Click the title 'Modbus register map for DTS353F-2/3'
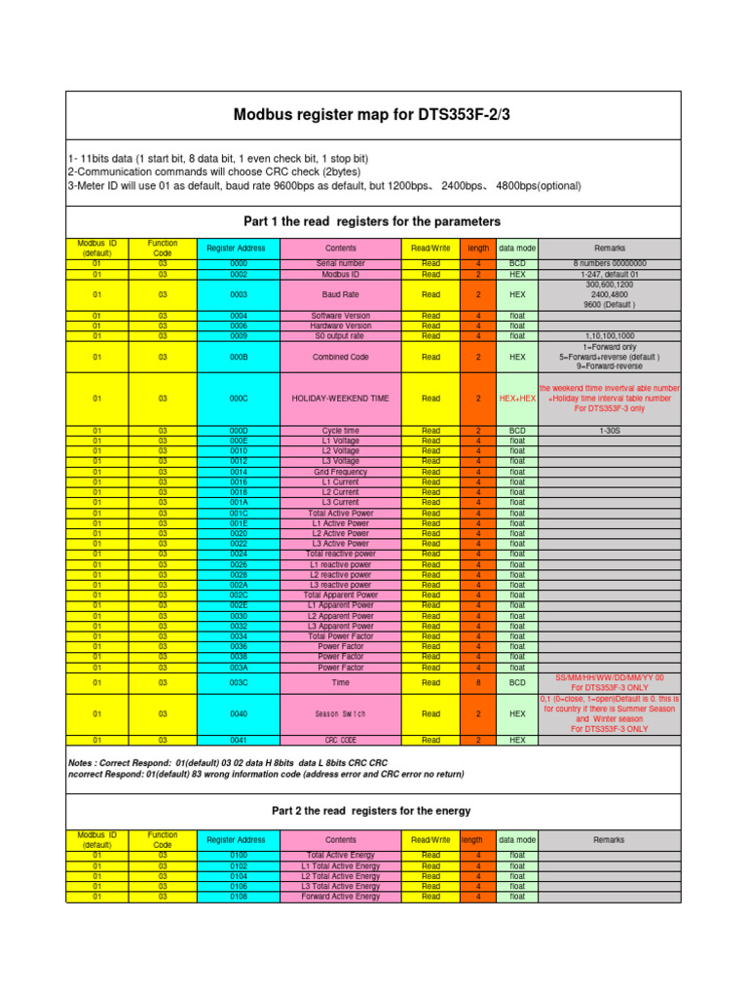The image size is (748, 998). [x=374, y=115]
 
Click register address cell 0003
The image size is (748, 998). [x=239, y=293]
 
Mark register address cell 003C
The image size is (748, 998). [x=239, y=682]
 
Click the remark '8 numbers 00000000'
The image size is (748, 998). [x=610, y=264]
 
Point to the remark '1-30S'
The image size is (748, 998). [x=610, y=431]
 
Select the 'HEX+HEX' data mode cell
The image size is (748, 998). [x=517, y=398]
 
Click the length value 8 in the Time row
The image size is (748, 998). [x=478, y=682]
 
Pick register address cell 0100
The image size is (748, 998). [x=239, y=855]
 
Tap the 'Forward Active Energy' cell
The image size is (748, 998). [x=341, y=897]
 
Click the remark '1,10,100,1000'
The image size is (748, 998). [x=610, y=335]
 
